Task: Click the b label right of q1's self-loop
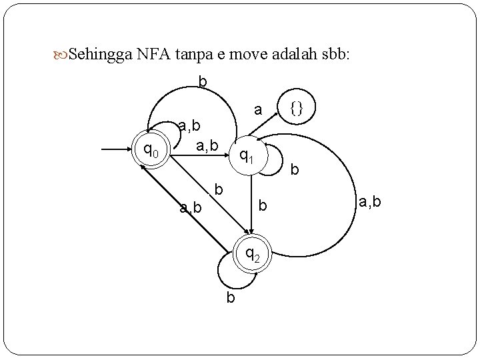pos(294,170)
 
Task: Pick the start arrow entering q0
pos(117,151)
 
